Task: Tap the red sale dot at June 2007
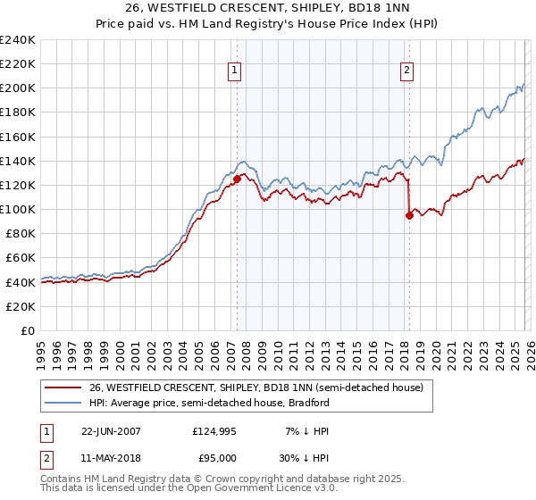point(237,179)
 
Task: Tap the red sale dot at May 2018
point(409,215)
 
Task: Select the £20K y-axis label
point(20,306)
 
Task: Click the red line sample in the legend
point(63,387)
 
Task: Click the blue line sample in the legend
point(63,403)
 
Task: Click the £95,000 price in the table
point(214,457)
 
